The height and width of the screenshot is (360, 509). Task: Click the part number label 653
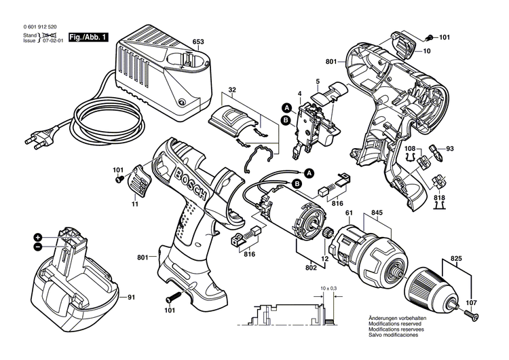click(198, 42)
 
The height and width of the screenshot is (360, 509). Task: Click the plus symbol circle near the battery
click(38, 237)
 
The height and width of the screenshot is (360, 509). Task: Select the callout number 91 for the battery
click(132, 297)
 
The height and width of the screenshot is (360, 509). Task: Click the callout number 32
click(232, 90)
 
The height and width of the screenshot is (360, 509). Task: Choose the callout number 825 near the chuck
click(456, 260)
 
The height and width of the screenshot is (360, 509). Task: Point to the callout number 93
click(449, 149)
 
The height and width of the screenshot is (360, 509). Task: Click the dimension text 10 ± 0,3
click(328, 290)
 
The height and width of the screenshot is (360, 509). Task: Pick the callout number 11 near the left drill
click(134, 204)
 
